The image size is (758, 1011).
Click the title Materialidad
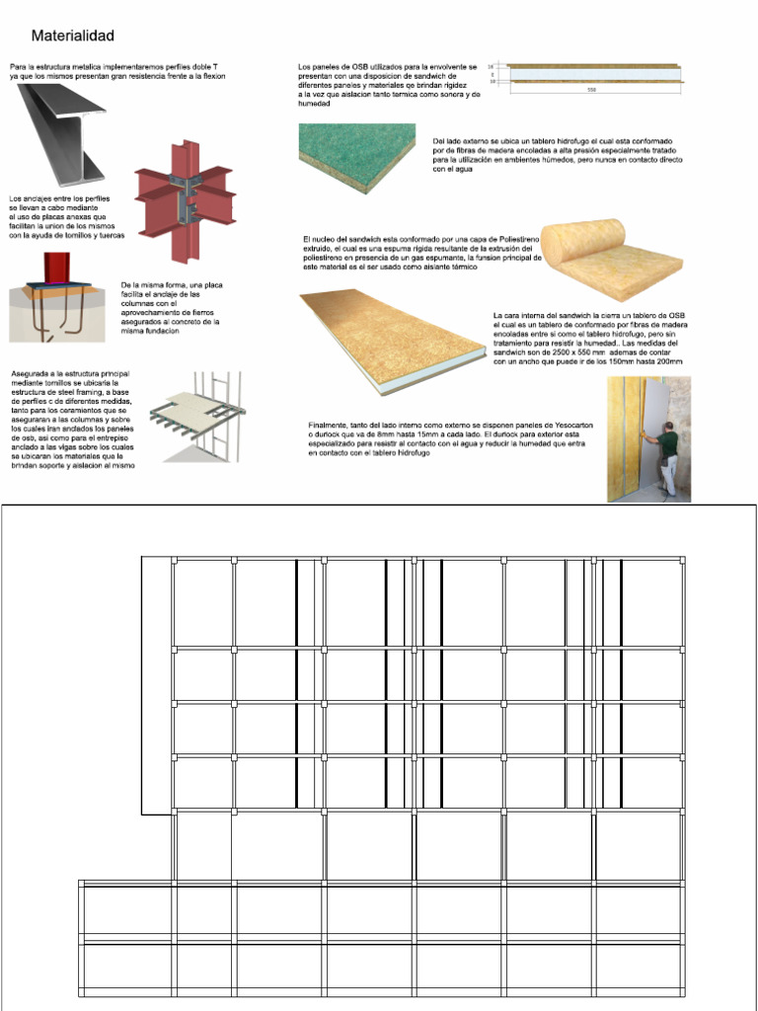click(x=72, y=37)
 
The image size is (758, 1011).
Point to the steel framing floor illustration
click(x=197, y=414)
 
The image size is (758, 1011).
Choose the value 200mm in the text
click(x=669, y=362)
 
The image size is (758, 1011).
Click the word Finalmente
click(x=328, y=424)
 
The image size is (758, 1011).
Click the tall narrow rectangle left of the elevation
click(x=155, y=685)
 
